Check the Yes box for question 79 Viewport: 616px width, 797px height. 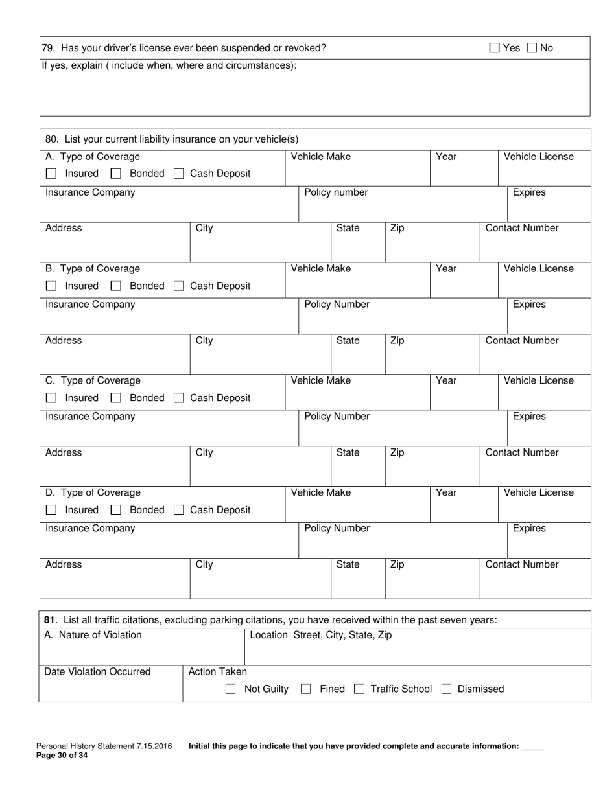495,48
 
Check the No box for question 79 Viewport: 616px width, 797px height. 532,48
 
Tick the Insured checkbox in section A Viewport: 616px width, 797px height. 52,174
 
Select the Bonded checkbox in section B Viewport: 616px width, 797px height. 116,286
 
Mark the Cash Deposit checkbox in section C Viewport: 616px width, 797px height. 179,398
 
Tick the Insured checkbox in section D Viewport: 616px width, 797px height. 52,510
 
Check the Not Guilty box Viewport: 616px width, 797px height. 230,689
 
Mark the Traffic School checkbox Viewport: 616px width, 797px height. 359,689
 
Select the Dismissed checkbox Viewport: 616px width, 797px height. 446,689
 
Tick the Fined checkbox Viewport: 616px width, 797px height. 306,689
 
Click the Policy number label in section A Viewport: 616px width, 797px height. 336,192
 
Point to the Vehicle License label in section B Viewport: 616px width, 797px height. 538,268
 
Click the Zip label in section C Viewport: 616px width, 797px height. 397,452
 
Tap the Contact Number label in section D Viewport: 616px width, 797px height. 521,564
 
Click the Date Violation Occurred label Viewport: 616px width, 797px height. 97,671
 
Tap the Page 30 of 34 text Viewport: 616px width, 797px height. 62,755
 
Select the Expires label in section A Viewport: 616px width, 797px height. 529,192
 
